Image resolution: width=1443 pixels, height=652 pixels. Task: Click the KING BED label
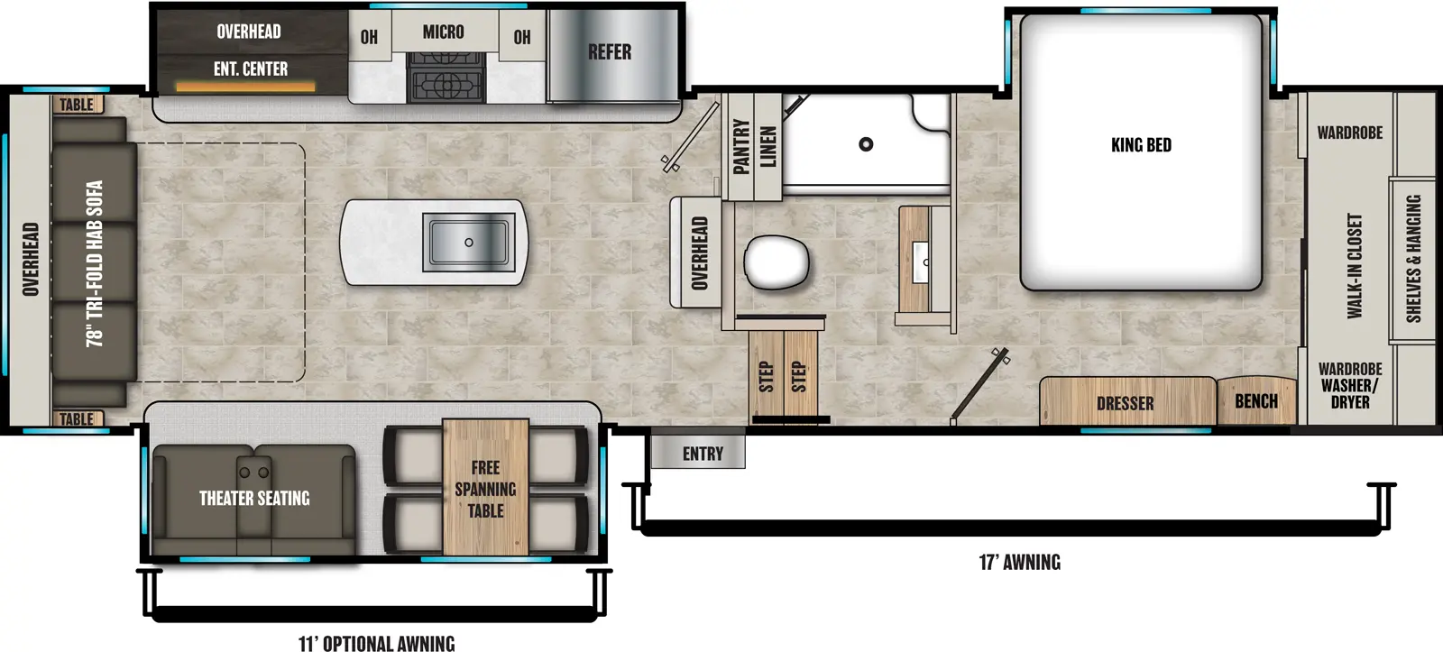(x=1141, y=145)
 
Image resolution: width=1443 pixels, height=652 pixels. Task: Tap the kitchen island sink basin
(x=469, y=243)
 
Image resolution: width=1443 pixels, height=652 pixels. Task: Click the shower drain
(x=866, y=144)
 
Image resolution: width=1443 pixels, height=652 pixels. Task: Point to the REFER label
(x=610, y=52)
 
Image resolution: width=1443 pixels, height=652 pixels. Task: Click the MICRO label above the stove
(x=444, y=32)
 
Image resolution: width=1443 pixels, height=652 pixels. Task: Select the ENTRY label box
(x=703, y=454)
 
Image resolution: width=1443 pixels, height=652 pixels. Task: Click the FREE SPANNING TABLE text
(x=485, y=489)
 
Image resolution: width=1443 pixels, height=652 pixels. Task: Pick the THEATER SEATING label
(x=254, y=499)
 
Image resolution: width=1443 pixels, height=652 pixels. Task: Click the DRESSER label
(x=1125, y=404)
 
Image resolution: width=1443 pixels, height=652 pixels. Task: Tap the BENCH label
(x=1256, y=401)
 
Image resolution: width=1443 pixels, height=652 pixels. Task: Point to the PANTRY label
(x=741, y=146)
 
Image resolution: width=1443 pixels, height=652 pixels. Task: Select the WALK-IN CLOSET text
(x=1355, y=266)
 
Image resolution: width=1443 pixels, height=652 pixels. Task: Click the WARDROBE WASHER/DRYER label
(x=1349, y=386)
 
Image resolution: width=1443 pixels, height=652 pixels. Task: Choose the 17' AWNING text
(x=1019, y=563)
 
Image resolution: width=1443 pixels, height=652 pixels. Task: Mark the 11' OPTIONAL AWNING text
(x=376, y=643)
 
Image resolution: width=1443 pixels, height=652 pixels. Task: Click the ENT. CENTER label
(x=251, y=69)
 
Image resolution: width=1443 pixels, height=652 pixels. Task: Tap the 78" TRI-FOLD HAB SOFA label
(x=95, y=263)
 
